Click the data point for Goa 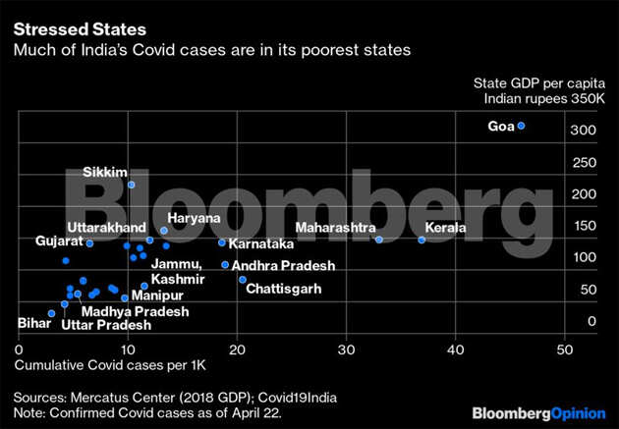pyautogui.click(x=522, y=126)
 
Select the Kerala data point pyautogui.click(x=422, y=240)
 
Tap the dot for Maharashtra pyautogui.click(x=379, y=240)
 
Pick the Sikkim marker pyautogui.click(x=132, y=185)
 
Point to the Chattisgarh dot pyautogui.click(x=243, y=280)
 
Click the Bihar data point pyautogui.click(x=51, y=313)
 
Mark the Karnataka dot pyautogui.click(x=221, y=242)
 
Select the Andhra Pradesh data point pyautogui.click(x=225, y=264)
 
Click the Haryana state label pyautogui.click(x=194, y=218)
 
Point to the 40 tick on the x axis pyautogui.click(x=454, y=349)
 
